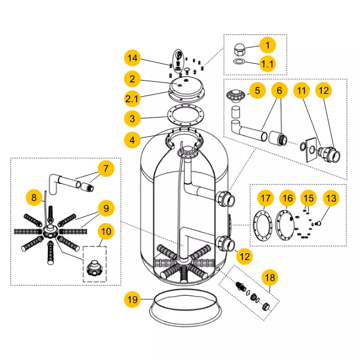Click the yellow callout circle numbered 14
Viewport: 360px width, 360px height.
[133, 58]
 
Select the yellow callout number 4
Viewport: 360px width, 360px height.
[133, 140]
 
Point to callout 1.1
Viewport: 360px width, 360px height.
[267, 63]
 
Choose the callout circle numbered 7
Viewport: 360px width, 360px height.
[105, 168]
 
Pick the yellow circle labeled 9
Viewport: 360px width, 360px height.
[106, 208]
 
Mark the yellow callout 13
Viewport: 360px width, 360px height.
[331, 197]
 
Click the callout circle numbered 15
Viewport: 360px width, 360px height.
[308, 197]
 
